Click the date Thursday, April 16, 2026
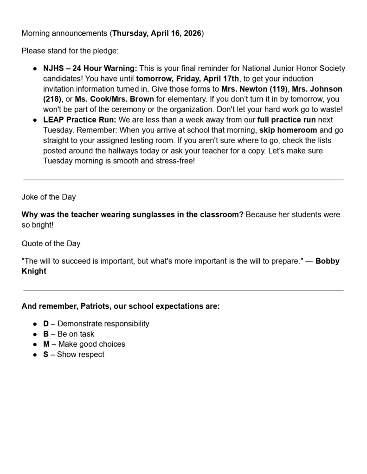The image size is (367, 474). click(157, 33)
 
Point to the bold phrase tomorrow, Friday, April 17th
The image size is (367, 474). click(187, 79)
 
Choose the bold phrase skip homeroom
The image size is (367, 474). click(288, 130)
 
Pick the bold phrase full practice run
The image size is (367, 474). click(286, 119)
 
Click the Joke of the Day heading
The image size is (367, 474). click(49, 197)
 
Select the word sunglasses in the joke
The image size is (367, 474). click(139, 215)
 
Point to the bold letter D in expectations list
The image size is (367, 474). click(46, 324)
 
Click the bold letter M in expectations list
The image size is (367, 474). click(46, 344)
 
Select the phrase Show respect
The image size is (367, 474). click(81, 355)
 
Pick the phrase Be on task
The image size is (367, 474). click(76, 334)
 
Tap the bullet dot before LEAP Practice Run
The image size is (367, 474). click(35, 119)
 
